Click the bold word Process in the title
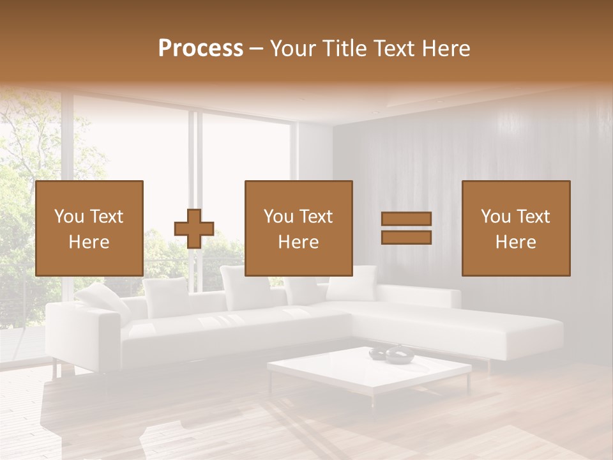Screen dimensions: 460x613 pos(201,49)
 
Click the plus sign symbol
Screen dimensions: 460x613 pos(194,229)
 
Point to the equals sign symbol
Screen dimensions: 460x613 pos(406,228)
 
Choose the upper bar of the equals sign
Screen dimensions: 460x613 pos(406,219)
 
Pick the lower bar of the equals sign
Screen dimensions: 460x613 pos(406,238)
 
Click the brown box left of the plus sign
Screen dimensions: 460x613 pos(89,228)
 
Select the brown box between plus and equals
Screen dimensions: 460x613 pos(298,228)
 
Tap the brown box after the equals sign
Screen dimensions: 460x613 pos(515,228)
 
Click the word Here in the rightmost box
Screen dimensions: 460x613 pos(515,242)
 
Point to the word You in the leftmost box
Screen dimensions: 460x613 pos(68,217)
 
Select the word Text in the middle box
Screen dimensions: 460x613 pos(316,217)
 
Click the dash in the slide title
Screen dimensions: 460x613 pos(256,49)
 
